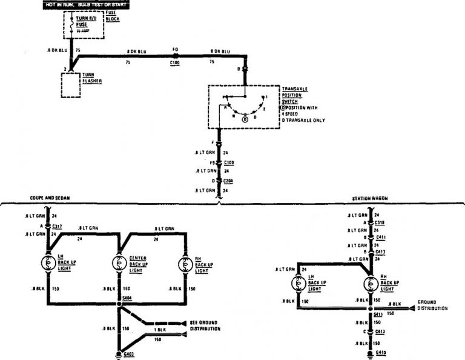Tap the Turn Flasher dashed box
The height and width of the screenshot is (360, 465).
pos(71,84)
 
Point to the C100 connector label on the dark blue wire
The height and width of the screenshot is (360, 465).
pos(175,62)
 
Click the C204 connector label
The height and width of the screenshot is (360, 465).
pos(228,181)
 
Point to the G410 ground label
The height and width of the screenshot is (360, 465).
pos(380,352)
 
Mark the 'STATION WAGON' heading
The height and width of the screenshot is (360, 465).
pos(370,198)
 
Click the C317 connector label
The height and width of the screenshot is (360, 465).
pos(58,225)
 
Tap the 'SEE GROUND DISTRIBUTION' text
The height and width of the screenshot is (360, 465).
pos(205,325)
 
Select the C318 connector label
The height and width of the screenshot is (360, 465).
pos(380,222)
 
